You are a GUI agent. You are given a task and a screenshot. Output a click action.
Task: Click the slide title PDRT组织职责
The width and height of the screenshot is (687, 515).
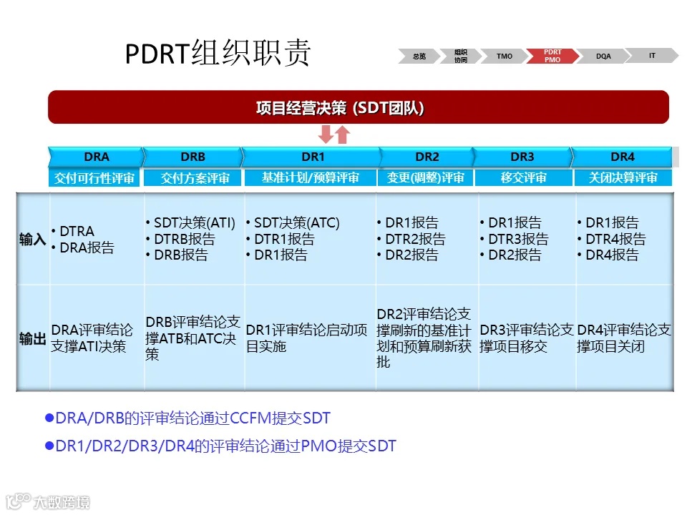(x=218, y=54)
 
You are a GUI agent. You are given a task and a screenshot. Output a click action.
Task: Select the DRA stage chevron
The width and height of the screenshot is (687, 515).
(x=96, y=157)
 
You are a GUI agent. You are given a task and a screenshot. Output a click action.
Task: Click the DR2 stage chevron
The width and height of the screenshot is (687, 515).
(x=427, y=157)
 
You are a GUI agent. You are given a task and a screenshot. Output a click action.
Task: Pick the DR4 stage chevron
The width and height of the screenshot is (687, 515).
(x=622, y=157)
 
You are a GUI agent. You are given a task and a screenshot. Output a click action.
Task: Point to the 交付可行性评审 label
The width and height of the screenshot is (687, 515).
(x=94, y=178)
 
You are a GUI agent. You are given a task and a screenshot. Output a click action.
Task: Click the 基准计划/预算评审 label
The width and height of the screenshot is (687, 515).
(x=310, y=178)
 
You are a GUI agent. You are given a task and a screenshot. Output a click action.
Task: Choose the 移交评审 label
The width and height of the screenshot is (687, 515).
(x=523, y=178)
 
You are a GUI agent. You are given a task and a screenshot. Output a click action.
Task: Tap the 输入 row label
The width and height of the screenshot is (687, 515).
(x=33, y=240)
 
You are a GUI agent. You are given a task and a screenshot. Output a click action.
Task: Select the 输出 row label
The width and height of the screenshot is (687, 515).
(x=33, y=338)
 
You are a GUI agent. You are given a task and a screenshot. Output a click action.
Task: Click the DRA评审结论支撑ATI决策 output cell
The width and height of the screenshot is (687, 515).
(x=92, y=338)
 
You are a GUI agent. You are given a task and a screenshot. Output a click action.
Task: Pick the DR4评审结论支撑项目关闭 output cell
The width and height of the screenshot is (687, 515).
(x=624, y=338)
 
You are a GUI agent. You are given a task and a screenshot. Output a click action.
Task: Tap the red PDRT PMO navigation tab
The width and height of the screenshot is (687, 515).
(x=552, y=56)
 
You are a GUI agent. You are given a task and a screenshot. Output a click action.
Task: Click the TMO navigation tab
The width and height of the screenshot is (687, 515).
(x=505, y=56)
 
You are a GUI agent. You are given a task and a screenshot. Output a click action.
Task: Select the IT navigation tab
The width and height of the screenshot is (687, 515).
(x=652, y=55)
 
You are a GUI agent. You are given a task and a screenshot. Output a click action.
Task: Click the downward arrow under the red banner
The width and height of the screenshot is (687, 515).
(x=326, y=134)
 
